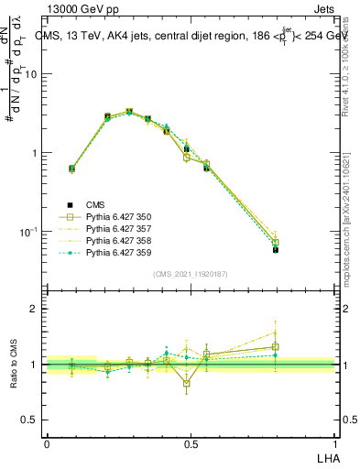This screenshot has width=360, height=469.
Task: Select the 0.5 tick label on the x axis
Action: pyautogui.click(x=191, y=443)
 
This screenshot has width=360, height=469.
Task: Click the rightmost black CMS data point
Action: pyautogui.click(x=276, y=249)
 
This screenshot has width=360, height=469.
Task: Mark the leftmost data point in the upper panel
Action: pyautogui.click(x=72, y=169)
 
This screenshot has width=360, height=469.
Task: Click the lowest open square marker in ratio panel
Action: pyautogui.click(x=187, y=383)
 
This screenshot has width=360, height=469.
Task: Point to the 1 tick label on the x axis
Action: pyautogui.click(x=334, y=443)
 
